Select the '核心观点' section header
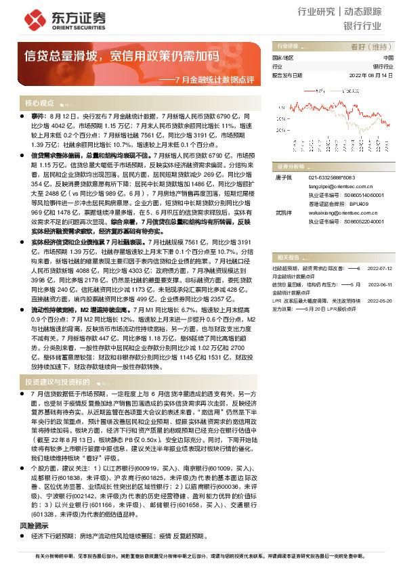coord(39,103)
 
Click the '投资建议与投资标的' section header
coord(60,382)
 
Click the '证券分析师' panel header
coord(291,167)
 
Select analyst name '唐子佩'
coord(282,177)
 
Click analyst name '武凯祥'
coord(282,213)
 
